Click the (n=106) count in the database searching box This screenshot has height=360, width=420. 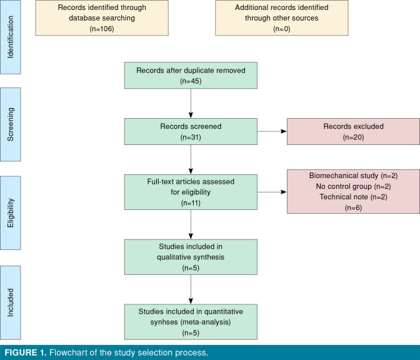tap(102, 29)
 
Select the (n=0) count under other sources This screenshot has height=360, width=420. tap(282, 29)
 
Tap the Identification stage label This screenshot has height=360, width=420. tap(10, 37)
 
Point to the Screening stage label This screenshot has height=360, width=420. tap(10, 124)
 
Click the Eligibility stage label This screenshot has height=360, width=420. tap(10, 213)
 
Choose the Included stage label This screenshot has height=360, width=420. tap(10, 302)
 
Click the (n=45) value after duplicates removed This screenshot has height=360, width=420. tap(191, 81)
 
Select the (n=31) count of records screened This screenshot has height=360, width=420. tap(191, 137)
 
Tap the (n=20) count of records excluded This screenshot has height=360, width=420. tap(353, 137)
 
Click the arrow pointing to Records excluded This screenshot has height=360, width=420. tap(272, 131)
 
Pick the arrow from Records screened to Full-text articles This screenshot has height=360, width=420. tap(191, 159)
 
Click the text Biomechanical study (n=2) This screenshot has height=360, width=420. tap(353, 176)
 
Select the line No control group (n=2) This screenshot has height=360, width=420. tap(353, 186)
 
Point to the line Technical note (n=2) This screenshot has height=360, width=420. tap(353, 197)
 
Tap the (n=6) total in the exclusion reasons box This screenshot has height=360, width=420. tap(353, 208)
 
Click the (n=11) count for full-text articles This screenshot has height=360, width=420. tap(191, 203)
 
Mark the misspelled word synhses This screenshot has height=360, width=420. tap(164, 322)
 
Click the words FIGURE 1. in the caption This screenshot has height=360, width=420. tap(26, 352)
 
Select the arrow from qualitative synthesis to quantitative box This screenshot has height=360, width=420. tap(191, 289)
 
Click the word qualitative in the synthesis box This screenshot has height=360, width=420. tap(172, 257)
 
